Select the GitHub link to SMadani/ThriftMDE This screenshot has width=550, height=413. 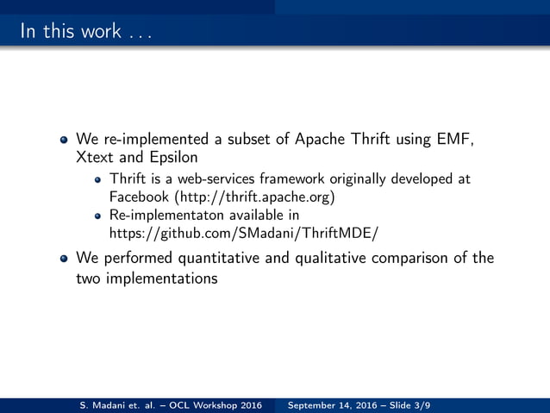tap(244, 233)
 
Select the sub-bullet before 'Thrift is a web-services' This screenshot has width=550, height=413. tap(98, 179)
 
